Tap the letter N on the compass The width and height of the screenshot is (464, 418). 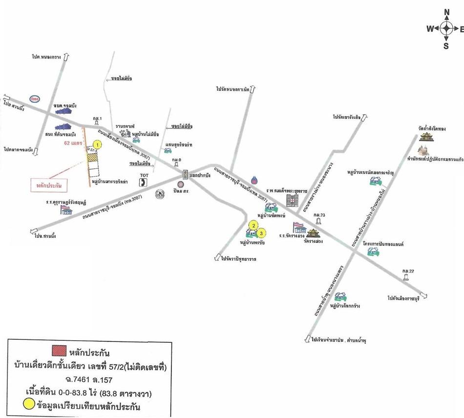pyautogui.click(x=446, y=12)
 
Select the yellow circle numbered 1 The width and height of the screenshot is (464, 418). pyautogui.click(x=98, y=145)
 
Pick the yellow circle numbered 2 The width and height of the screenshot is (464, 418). pyautogui.click(x=253, y=225)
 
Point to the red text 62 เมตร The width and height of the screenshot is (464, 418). pyautogui.click(x=74, y=143)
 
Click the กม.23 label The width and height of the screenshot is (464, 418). pyautogui.click(x=319, y=214)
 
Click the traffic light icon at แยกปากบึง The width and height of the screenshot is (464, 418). pyautogui.click(x=185, y=174)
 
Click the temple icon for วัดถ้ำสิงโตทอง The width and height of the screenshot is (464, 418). pyautogui.click(x=426, y=135)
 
